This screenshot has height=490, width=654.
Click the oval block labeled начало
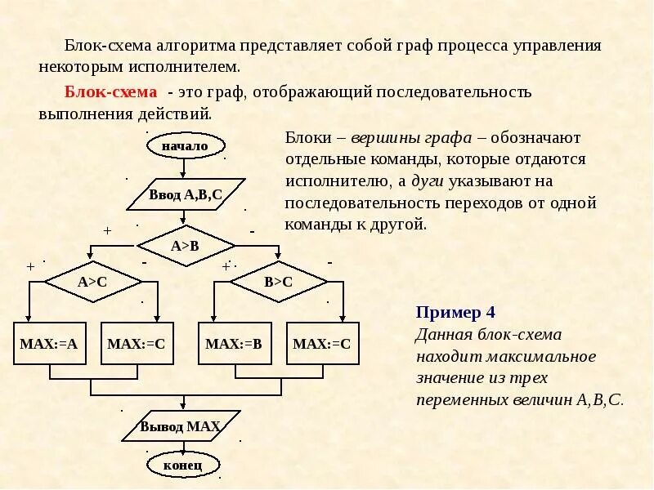pos(185,146)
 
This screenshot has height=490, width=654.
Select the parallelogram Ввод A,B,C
pos(186,194)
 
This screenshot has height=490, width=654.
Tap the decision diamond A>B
pos(186,245)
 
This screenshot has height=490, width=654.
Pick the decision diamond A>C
pos(92,282)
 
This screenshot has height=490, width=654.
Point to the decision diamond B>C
pos(278,282)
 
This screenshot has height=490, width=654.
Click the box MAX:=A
pos(48,344)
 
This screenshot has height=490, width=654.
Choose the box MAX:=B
pos(233,344)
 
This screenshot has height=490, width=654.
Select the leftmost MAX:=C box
pos(136,344)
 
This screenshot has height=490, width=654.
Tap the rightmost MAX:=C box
pos(321,344)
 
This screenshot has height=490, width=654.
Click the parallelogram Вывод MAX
pos(180,426)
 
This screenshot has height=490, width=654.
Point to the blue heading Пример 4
pos(455,312)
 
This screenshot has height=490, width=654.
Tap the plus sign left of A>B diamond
pos(107,231)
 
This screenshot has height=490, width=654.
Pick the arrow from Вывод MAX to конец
pos(183,446)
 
